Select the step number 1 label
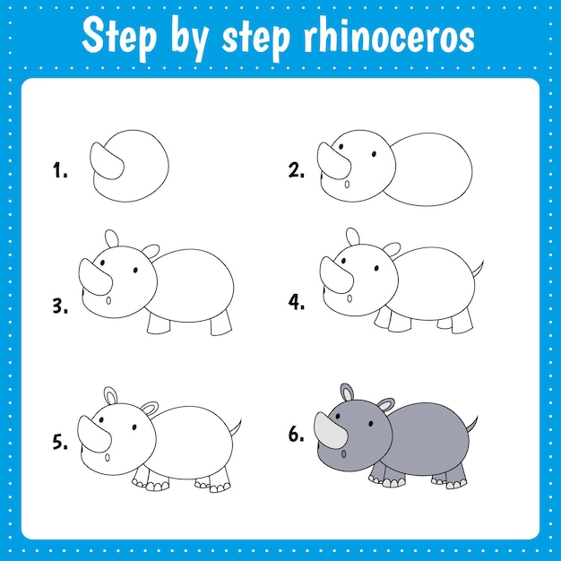click(60, 170)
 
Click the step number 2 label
click(297, 170)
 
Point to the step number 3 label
click(60, 306)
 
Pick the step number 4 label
click(297, 302)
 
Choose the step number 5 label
click(60, 441)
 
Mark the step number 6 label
click(297, 436)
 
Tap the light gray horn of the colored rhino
click(330, 430)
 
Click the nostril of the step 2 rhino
click(347, 186)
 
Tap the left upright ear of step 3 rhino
click(111, 238)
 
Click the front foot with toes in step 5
click(149, 484)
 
